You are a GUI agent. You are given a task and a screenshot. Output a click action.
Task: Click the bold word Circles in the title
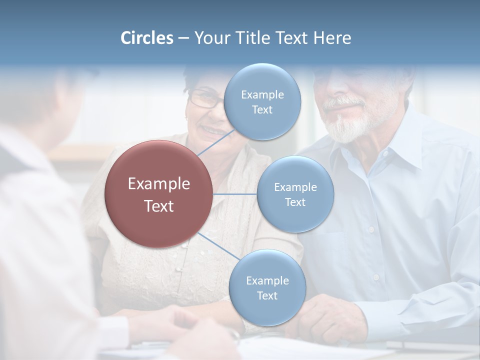pyautogui.click(x=147, y=38)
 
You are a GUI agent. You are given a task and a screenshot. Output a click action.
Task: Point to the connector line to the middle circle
pyautogui.click(x=235, y=194)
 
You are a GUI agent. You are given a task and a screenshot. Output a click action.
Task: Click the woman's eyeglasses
pyautogui.click(x=205, y=98)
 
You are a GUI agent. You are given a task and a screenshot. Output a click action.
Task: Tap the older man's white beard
pyautogui.click(x=350, y=125)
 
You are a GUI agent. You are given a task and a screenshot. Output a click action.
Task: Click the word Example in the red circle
pyautogui.click(x=159, y=184)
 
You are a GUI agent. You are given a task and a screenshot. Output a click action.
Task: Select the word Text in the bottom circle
pyautogui.click(x=267, y=296)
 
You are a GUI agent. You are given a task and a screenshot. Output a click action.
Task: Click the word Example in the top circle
pyautogui.click(x=262, y=95)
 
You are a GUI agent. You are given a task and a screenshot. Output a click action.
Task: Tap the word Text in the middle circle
pyautogui.click(x=295, y=202)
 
